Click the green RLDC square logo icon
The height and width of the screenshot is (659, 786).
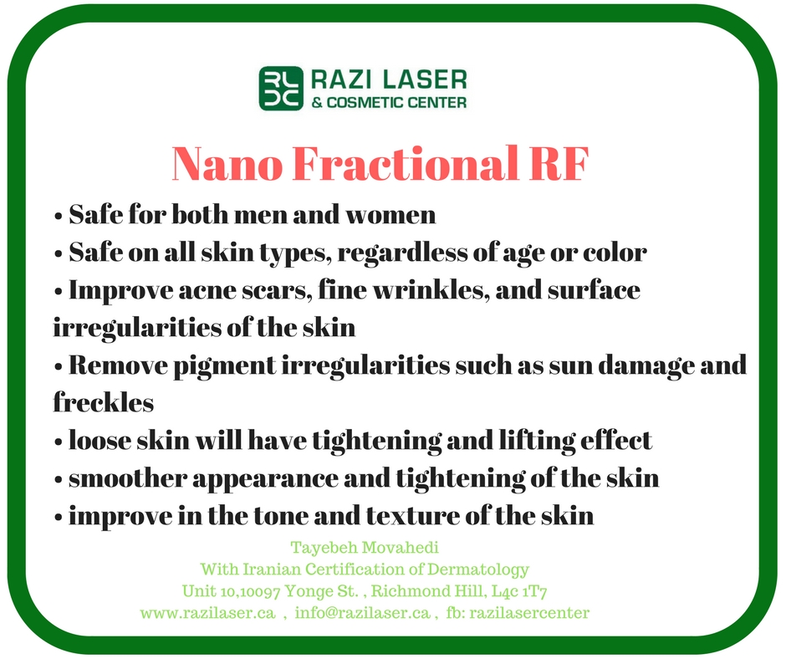281,89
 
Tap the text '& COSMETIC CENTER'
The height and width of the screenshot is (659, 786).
389,103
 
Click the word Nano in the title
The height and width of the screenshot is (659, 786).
227,164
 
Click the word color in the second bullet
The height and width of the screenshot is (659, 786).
615,253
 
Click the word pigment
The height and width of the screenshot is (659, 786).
225,366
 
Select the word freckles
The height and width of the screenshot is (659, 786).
103,402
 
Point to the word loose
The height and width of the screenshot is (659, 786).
100,441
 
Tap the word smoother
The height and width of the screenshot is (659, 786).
128,478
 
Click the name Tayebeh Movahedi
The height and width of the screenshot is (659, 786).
365,547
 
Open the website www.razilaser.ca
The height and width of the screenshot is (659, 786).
207,613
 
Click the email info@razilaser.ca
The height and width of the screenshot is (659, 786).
362,613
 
